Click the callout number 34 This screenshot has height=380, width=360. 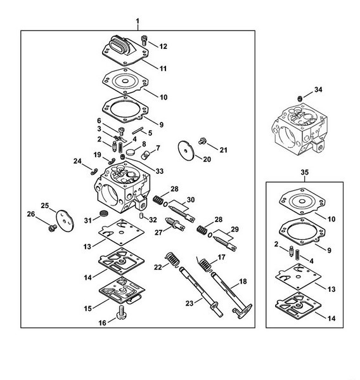point(318,89)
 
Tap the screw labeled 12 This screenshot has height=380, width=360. point(144,40)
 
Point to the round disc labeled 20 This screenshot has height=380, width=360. point(186,150)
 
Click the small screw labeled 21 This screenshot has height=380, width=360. point(202,141)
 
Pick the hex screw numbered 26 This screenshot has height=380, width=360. point(53,228)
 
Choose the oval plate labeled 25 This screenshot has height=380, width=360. point(65,221)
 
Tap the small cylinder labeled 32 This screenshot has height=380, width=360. point(141,216)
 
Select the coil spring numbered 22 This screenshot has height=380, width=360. point(172,259)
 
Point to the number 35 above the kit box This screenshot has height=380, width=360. point(304,172)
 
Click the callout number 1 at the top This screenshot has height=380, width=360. point(138,22)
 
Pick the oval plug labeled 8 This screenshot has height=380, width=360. point(130,152)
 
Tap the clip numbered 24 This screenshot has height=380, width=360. point(94,171)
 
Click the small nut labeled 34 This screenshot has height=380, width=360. point(300,98)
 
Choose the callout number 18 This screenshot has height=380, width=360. point(243,282)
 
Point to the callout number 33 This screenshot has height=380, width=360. point(159,171)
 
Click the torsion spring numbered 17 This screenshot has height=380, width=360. point(205,265)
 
